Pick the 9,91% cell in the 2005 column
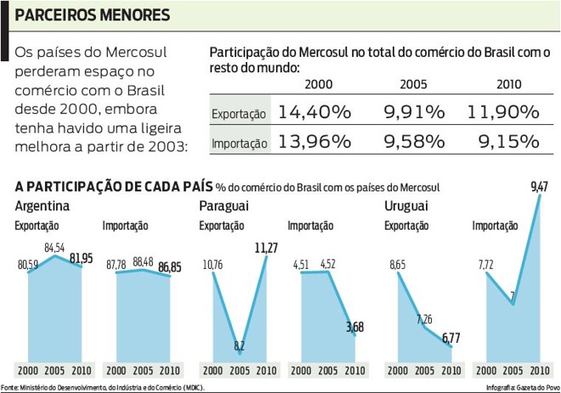(411, 112)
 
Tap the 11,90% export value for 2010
(503, 112)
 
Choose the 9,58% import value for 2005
(411, 143)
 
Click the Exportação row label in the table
(238, 114)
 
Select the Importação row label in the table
(238, 145)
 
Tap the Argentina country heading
(42, 207)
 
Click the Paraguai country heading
(224, 207)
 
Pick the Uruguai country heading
(405, 207)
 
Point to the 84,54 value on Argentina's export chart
(55, 248)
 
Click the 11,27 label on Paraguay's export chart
(267, 248)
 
